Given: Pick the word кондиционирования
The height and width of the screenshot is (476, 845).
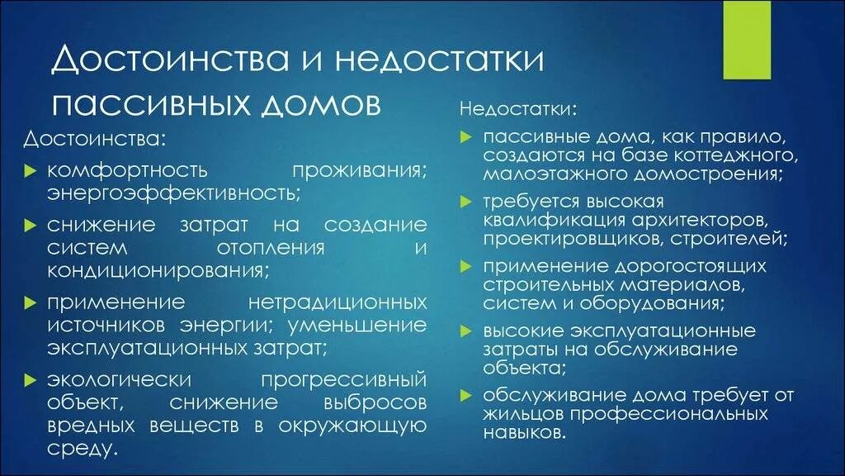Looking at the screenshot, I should point(157,270).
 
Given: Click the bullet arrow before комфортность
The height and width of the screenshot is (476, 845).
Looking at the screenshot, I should point(30,172).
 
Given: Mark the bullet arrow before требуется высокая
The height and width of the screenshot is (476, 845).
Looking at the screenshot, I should point(466,202).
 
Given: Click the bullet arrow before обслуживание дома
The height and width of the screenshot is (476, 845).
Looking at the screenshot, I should point(466,395).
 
